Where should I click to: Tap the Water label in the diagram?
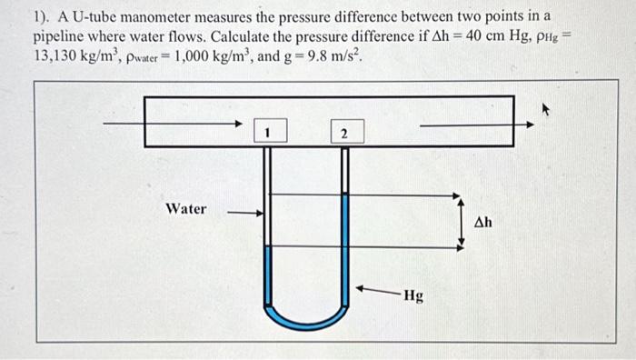(185, 209)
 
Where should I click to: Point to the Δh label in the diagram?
(483, 222)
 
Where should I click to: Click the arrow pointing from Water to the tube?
(244, 215)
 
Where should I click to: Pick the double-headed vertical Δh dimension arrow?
(460, 220)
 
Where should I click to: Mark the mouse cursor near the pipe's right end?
(547, 108)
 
